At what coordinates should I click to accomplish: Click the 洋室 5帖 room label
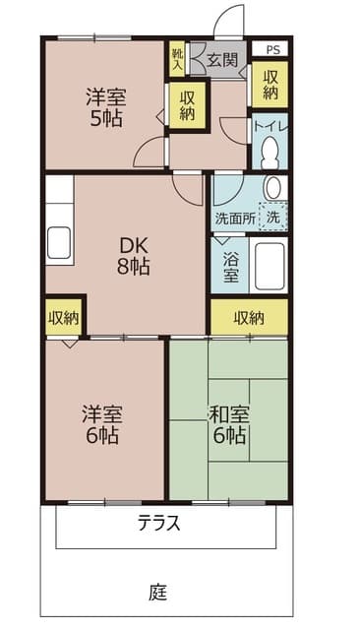103,107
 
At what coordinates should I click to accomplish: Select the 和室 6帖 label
228,424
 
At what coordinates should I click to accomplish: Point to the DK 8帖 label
134,254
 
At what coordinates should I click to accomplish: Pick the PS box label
271,48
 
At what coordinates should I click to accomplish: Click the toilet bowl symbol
270,154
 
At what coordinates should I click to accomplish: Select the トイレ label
270,125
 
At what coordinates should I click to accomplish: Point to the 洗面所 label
235,217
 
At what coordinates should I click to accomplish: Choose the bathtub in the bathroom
270,266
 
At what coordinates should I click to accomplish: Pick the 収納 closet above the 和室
249,317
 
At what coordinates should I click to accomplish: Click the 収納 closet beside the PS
270,85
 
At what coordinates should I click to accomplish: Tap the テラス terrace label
158,523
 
